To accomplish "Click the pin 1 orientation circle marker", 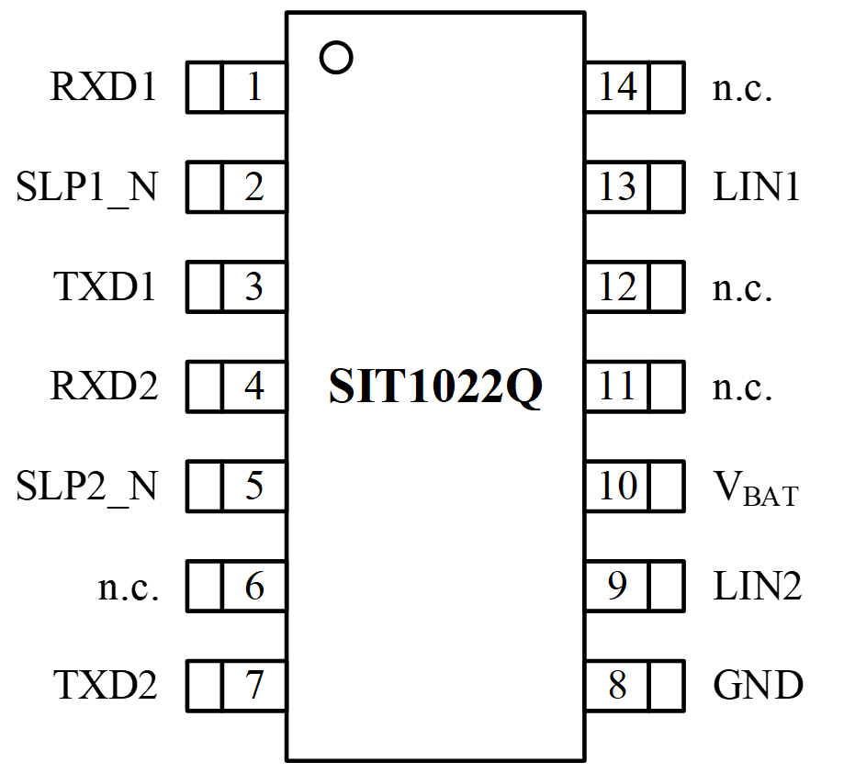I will (336, 57).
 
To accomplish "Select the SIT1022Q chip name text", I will (435, 388).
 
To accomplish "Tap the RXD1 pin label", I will (103, 88).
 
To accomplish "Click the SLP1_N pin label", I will (86, 187).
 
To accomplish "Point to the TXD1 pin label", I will (104, 287).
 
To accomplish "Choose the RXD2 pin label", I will (103, 386).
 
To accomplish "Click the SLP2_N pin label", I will (86, 486).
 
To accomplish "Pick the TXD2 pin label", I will (104, 685).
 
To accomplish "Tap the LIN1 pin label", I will (757, 187).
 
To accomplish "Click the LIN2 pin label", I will (758, 586).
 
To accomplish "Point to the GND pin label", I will (758, 685).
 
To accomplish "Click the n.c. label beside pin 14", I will (742, 89).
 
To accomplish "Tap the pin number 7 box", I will (253, 685).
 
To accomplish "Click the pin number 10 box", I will (617, 486).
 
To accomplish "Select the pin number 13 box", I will (617, 187).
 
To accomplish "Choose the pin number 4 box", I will (253, 386).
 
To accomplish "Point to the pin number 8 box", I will (617, 685).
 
